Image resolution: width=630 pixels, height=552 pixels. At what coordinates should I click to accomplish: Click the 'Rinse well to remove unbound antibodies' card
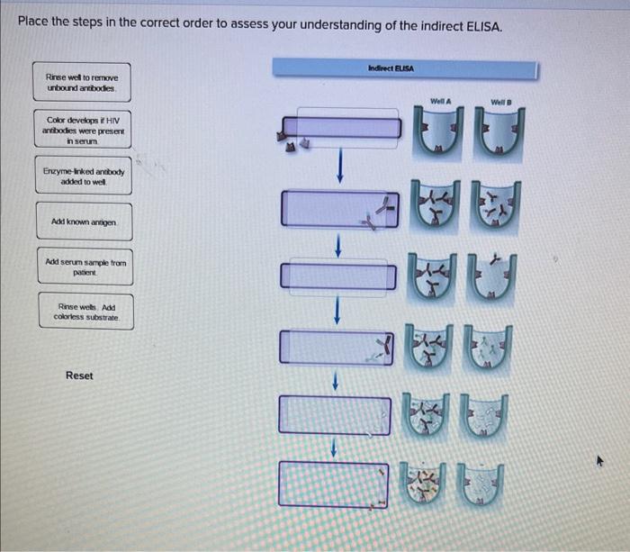pos(82,82)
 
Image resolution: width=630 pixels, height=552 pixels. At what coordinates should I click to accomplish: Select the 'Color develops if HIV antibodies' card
pos(83,129)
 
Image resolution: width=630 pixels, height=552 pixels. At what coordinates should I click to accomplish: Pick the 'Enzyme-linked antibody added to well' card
pos(84,176)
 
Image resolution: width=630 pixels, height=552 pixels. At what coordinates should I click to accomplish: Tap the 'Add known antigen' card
pos(85,222)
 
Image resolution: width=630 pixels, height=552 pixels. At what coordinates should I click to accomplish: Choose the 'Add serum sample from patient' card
pos(85,267)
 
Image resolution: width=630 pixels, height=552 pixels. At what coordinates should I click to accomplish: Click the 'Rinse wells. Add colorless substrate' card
pos(86,312)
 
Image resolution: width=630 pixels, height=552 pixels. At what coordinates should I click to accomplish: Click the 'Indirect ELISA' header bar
pos(405,68)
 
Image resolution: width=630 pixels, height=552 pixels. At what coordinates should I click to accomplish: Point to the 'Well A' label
pos(440,101)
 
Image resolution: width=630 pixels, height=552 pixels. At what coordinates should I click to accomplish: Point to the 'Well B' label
pos(501,102)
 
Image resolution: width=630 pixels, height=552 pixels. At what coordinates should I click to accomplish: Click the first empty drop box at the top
pos(341,128)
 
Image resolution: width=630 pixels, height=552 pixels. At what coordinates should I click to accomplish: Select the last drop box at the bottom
pos(334,484)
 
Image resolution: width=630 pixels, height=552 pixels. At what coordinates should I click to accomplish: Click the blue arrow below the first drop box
pos(340,166)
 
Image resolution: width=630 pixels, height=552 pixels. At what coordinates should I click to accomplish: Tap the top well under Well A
pos(438,132)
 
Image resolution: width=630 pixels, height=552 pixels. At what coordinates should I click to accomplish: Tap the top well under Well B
pos(499,134)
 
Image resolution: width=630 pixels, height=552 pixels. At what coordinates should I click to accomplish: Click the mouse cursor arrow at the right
pos(600,460)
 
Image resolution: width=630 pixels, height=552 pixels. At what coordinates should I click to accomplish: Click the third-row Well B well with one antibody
pos(491,278)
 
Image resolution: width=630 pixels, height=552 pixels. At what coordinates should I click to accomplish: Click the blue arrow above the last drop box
pos(334,447)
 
